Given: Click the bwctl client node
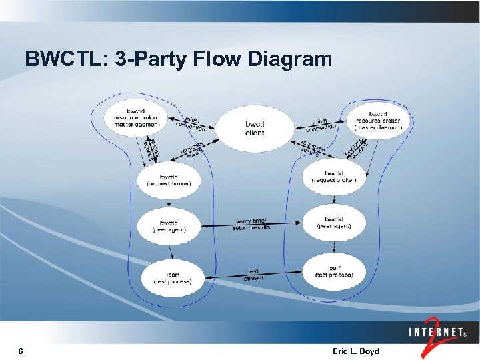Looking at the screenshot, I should (255, 128).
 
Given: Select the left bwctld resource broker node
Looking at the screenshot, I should (135, 117).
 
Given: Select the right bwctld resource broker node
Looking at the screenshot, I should (377, 121).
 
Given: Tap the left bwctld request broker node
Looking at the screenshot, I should (168, 180).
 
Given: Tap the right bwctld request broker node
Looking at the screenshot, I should (334, 177).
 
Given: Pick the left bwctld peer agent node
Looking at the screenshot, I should (169, 226).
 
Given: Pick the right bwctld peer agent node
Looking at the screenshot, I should (334, 223).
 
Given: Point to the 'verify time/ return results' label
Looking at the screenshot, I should (251, 225).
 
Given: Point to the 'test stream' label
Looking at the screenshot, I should (253, 275).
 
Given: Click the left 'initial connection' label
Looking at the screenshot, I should (191, 123).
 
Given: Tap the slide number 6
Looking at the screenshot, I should (21, 351).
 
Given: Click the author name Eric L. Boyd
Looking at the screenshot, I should (355, 351).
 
